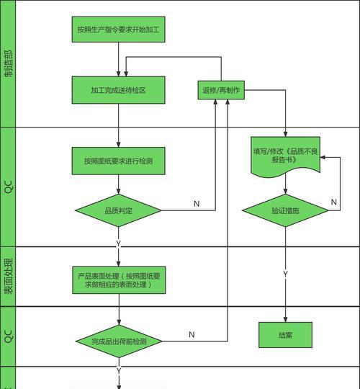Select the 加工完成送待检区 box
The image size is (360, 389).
tap(119, 90)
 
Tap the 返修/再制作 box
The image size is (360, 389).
tap(221, 90)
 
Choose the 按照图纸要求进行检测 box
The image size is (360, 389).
tap(119, 161)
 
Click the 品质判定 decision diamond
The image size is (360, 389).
tap(119, 210)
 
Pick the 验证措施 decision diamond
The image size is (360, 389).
tap(285, 210)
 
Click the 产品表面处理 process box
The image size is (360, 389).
tap(119, 280)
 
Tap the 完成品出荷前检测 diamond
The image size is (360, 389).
tap(119, 341)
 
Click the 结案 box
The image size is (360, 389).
tap(285, 335)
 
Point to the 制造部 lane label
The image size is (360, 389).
tap(8, 64)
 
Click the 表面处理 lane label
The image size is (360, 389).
tap(8, 277)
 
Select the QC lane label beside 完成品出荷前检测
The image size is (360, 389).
tap(8, 336)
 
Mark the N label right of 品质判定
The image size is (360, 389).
tap(196, 204)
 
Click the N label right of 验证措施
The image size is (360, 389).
tap(334, 203)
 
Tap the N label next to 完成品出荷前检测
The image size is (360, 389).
tap(192, 334)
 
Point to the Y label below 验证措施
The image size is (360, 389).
tap(285, 274)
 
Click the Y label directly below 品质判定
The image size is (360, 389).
tap(119, 243)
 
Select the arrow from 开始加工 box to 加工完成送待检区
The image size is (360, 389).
tap(119, 59)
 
